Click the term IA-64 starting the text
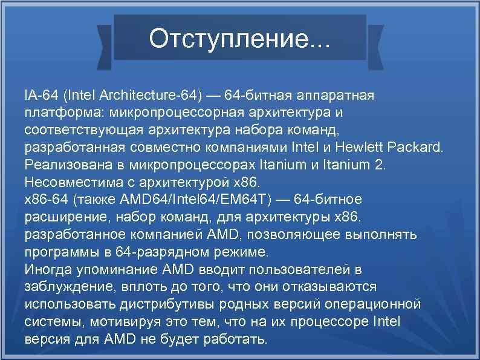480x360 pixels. pos(40,96)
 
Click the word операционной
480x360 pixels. pos(372,303)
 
